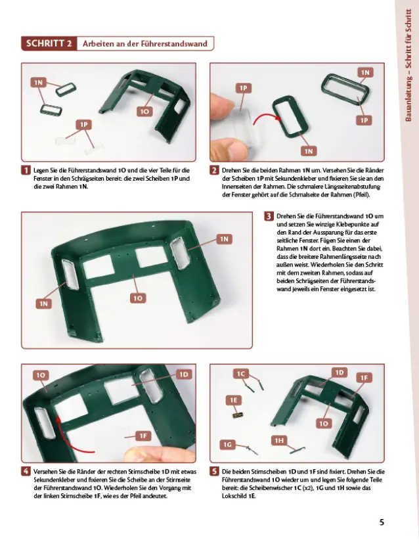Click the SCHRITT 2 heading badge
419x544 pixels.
pyautogui.click(x=49, y=44)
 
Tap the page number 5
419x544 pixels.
pyautogui.click(x=382, y=522)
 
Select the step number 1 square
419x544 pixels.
pyautogui.click(x=26, y=170)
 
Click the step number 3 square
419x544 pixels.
pyautogui.click(x=269, y=216)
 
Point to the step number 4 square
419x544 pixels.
pyautogui.click(x=26, y=472)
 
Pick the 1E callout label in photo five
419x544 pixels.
pyautogui.click(x=233, y=400)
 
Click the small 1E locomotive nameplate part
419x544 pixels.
pyautogui.click(x=238, y=415)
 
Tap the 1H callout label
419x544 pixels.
pyautogui.click(x=279, y=440)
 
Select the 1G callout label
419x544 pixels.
pyautogui.click(x=227, y=444)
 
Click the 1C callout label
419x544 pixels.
pyautogui.click(x=241, y=374)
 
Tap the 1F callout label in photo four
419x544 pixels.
pyautogui.click(x=143, y=436)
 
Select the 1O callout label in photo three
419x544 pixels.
pyautogui.click(x=138, y=298)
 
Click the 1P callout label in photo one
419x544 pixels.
pyautogui.click(x=83, y=125)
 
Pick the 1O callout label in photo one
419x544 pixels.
pyautogui.click(x=144, y=112)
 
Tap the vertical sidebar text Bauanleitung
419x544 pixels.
pyautogui.click(x=408, y=98)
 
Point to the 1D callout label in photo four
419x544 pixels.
pyautogui.click(x=183, y=374)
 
